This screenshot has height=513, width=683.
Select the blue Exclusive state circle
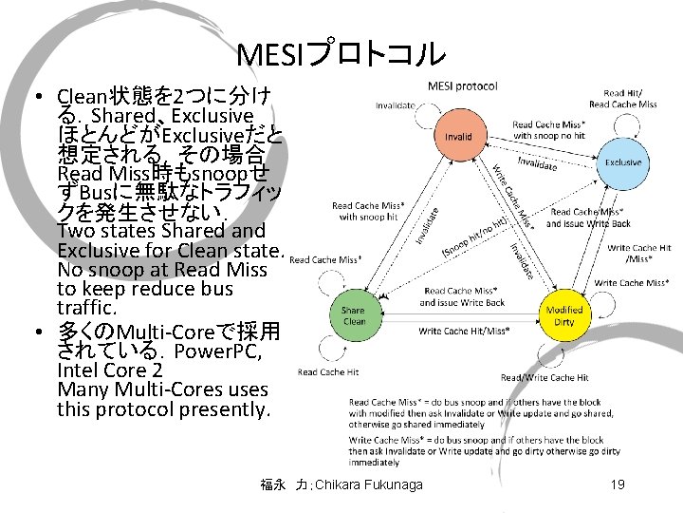click(x=622, y=163)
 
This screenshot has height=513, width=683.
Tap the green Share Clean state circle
click(x=353, y=315)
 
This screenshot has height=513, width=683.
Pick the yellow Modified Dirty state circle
click(x=565, y=315)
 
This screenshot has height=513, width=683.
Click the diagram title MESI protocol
click(x=462, y=85)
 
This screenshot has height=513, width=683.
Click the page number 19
click(x=618, y=485)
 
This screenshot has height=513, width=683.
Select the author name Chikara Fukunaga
click(x=360, y=485)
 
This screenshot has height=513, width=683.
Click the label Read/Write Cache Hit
click(x=545, y=377)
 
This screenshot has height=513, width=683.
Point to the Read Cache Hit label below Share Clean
click(x=328, y=372)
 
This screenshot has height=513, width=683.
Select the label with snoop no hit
click(x=548, y=136)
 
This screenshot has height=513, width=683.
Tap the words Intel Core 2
click(x=108, y=370)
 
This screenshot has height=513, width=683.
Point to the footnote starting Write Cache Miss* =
click(x=474, y=451)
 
